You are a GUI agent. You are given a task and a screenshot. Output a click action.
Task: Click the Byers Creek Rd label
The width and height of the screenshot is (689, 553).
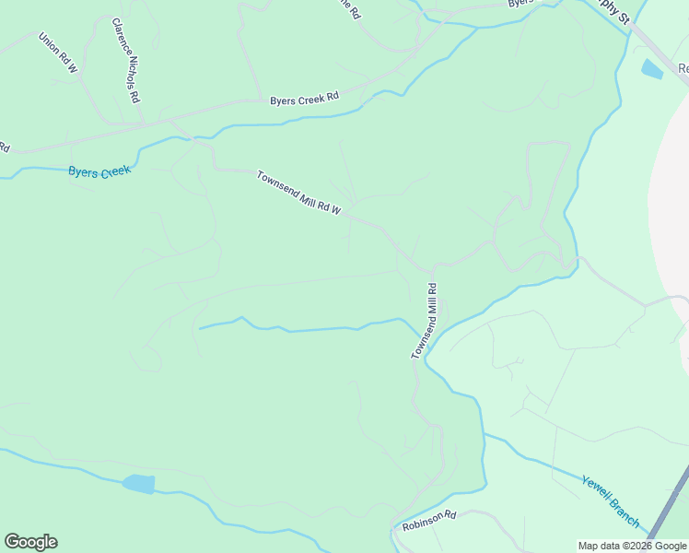click(304, 99)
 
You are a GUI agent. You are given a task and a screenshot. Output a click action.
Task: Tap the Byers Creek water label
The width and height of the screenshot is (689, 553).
click(99, 171)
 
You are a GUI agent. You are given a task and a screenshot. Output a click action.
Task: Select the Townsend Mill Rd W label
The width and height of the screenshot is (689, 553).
click(298, 194)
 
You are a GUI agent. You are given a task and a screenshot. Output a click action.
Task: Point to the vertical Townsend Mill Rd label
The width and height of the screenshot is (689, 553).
click(424, 322)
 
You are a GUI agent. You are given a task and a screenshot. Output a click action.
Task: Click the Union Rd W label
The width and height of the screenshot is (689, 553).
click(58, 53)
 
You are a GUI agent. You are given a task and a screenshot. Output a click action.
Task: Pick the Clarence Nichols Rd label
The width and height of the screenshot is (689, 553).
click(125, 59)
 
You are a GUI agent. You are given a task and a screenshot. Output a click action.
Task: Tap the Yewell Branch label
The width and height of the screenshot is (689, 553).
click(610, 501)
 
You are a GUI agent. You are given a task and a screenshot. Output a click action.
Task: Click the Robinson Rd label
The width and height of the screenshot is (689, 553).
click(429, 521)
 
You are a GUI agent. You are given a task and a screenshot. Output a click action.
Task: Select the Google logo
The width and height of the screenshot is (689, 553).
click(30, 542)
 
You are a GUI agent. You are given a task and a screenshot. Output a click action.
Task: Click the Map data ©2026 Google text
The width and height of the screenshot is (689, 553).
click(632, 546)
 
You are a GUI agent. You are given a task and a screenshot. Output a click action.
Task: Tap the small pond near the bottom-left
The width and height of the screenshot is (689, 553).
click(138, 484)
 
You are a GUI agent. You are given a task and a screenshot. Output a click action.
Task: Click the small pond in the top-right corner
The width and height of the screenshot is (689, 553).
click(651, 68)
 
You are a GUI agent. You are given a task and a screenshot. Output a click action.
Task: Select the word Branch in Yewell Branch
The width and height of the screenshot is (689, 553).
click(623, 512)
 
